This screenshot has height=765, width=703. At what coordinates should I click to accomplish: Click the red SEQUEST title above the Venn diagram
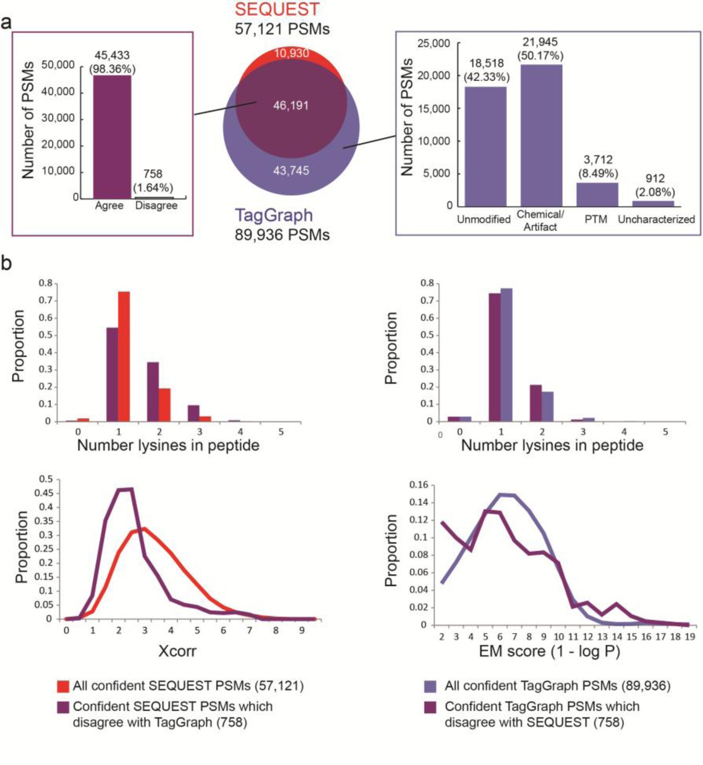point(277,9)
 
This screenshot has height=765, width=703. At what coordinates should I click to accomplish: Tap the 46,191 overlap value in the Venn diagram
point(291,106)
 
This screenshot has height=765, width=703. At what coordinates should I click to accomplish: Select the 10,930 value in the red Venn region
point(291,53)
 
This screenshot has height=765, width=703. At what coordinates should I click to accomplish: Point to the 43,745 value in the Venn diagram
point(291,170)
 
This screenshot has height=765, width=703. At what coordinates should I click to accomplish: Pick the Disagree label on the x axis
point(156,205)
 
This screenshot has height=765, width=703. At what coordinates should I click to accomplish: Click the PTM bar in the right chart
point(597,194)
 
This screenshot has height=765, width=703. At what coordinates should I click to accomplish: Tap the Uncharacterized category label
point(656,220)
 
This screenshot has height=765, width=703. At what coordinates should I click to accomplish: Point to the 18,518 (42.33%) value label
point(486,70)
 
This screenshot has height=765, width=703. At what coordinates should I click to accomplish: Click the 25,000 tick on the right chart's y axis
point(433,43)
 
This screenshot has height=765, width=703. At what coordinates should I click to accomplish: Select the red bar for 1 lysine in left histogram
point(124,356)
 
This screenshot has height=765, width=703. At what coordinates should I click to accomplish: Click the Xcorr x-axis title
point(177,651)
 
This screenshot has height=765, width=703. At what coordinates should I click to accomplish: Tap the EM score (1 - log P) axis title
point(549,652)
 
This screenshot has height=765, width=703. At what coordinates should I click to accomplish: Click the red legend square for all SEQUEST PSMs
point(63,686)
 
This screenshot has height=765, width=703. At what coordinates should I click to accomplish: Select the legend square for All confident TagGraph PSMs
point(430,686)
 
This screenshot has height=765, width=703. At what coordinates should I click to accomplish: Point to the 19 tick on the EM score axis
point(689,637)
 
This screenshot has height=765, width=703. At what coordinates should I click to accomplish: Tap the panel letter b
point(6,263)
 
